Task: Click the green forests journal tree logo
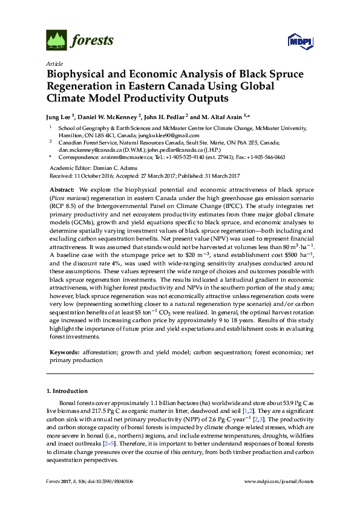pyautogui.click(x=56, y=41)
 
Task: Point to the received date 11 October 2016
pyautogui.click(x=90, y=175)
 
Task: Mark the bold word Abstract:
pyautogui.click(x=61, y=190)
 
